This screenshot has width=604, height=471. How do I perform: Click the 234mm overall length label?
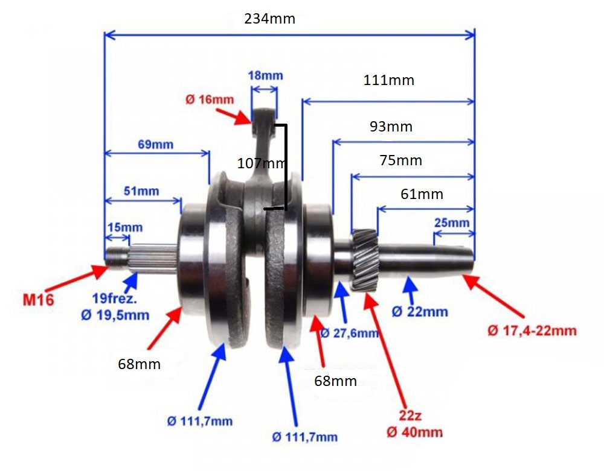[x=269, y=19]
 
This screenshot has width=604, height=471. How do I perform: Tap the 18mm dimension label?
[x=265, y=75]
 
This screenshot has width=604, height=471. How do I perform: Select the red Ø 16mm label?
[x=210, y=100]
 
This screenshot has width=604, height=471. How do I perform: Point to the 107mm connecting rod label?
[x=261, y=163]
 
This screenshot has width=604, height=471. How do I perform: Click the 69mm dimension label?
[x=156, y=145]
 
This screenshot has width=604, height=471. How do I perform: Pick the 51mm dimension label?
[x=141, y=191]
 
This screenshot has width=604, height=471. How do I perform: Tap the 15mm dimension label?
[x=125, y=227]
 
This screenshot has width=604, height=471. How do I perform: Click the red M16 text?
[x=38, y=300]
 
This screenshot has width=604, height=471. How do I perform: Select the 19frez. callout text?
[x=114, y=298]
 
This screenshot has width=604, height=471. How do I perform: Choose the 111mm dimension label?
[x=388, y=80]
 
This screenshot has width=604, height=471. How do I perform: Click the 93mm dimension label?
[x=391, y=127]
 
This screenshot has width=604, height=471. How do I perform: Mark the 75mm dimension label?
[x=400, y=160]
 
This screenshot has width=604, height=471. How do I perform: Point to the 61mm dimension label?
[x=422, y=194]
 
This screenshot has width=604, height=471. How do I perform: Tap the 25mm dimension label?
[x=452, y=223]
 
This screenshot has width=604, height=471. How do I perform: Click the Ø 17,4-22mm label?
[x=532, y=330]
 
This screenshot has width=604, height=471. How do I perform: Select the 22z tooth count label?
[x=410, y=416]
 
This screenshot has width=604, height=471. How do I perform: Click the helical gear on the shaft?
[x=364, y=259]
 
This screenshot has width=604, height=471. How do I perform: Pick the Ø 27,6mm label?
[x=349, y=333]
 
